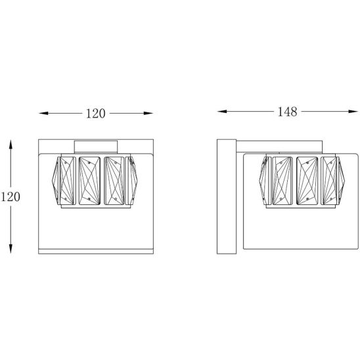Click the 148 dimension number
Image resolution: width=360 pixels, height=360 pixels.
288,112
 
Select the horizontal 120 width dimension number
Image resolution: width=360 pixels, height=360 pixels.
95,114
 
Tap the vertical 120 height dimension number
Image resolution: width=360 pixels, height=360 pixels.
11,197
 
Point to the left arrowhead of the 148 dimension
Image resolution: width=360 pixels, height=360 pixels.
222,112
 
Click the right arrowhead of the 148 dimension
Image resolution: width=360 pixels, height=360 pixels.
353,112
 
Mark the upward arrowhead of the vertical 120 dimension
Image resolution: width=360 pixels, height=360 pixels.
11,145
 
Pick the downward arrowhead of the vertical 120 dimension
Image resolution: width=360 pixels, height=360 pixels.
11,248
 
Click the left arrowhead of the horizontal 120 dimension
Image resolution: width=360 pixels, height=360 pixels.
43,113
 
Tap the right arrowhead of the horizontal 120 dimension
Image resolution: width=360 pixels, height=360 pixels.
148,113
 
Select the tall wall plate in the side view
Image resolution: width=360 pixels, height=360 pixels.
227,196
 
